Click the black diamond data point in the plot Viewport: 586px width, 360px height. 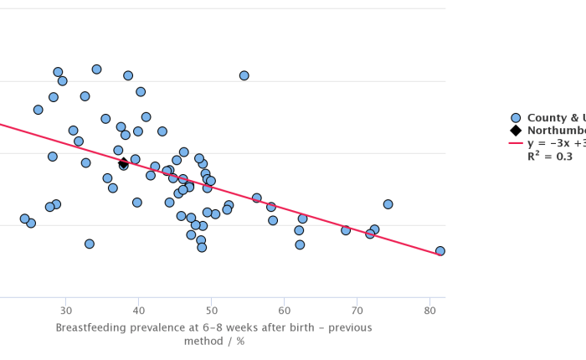(123, 163)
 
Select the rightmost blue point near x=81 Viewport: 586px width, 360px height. (440, 251)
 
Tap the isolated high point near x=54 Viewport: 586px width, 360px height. (244, 75)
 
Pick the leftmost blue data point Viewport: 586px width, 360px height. (24, 219)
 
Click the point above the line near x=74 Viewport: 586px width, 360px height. (388, 204)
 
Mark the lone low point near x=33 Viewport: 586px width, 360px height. (90, 244)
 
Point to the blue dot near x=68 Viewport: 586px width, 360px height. (346, 230)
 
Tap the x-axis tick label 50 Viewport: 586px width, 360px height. (212, 311)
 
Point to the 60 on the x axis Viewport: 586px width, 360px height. (285, 311)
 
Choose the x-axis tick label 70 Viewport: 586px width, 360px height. (357, 311)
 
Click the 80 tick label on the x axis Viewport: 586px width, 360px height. (430, 311)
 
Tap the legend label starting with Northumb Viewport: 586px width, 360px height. (556, 131)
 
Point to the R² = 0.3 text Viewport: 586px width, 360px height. (550, 156)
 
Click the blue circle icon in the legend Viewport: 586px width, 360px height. (516, 118)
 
